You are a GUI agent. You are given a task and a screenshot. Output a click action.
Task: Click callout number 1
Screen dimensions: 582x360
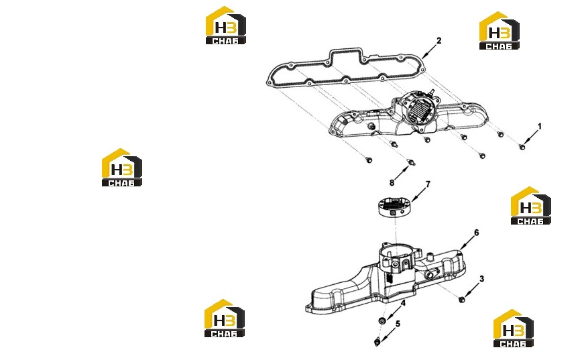(x=540, y=127)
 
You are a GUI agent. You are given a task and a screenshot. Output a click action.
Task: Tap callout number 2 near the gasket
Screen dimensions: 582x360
(x=439, y=40)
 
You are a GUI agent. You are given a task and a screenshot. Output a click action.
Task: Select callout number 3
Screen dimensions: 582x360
(x=482, y=279)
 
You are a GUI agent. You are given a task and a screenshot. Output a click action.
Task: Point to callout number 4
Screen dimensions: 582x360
(x=403, y=303)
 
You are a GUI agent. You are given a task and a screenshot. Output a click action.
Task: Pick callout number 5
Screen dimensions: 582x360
(x=398, y=324)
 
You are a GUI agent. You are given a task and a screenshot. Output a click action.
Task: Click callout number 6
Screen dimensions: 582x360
(x=477, y=233)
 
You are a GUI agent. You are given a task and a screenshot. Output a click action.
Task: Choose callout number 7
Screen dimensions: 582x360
(x=428, y=184)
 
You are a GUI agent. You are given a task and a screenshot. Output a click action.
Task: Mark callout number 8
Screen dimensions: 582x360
(x=392, y=182)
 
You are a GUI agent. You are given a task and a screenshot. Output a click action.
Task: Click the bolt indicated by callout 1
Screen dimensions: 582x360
(x=522, y=147)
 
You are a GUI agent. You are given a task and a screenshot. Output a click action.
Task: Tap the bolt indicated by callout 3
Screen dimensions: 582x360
(x=462, y=299)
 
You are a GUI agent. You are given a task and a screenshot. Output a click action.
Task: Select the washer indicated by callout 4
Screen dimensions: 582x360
(x=382, y=320)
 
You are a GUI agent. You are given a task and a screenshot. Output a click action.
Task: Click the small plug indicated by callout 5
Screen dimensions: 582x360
(x=377, y=342)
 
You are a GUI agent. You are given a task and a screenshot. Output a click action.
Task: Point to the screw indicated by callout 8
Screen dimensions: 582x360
(x=411, y=162)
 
